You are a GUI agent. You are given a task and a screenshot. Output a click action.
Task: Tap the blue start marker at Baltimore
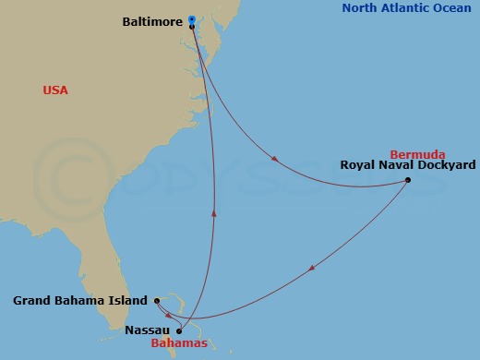point(191,18)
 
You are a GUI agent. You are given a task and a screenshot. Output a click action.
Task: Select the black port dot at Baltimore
point(191,27)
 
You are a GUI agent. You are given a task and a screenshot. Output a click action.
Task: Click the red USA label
point(55,90)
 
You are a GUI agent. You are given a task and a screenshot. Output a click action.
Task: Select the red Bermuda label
point(417,154)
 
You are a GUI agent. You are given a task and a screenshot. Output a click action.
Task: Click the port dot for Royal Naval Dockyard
point(408,180)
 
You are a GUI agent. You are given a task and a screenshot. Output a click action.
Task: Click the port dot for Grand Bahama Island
point(158,301)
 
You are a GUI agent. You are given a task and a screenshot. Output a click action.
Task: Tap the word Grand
point(31,301)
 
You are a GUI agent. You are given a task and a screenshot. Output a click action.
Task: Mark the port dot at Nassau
point(179,330)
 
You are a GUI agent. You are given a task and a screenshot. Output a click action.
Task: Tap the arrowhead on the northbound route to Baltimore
point(215,211)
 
